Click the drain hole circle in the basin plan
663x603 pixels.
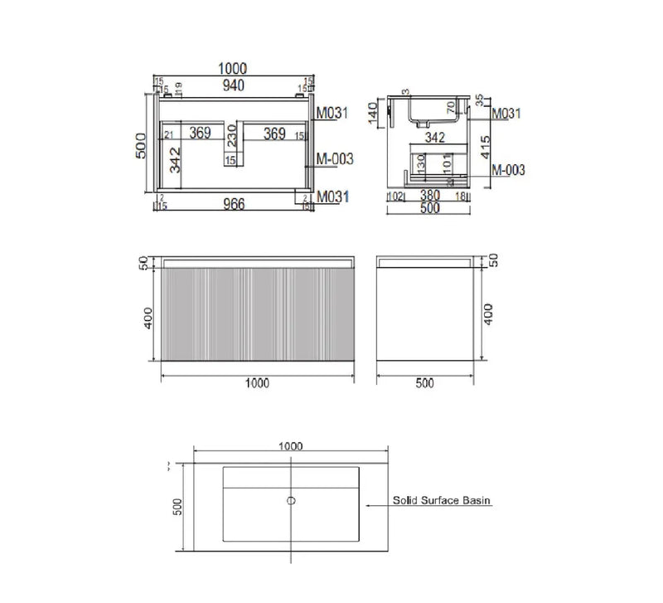coord(290,500)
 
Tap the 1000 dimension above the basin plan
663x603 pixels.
coord(290,445)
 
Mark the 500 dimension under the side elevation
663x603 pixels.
coord(424,383)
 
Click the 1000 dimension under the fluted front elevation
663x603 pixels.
coord(259,383)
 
